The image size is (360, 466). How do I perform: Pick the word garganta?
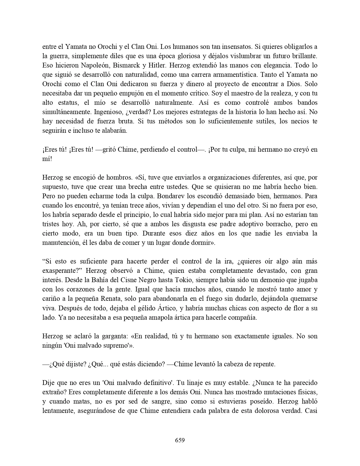[111, 336]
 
